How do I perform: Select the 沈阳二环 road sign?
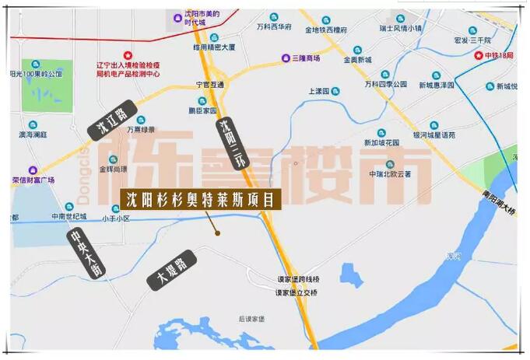coord(231,144)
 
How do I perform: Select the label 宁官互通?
coord(209,84)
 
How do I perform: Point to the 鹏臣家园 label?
coord(202,110)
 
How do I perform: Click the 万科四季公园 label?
coord(385,84)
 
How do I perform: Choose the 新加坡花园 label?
coord(381,143)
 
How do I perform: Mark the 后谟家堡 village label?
coord(252,319)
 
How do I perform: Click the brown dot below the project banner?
coord(218,232)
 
